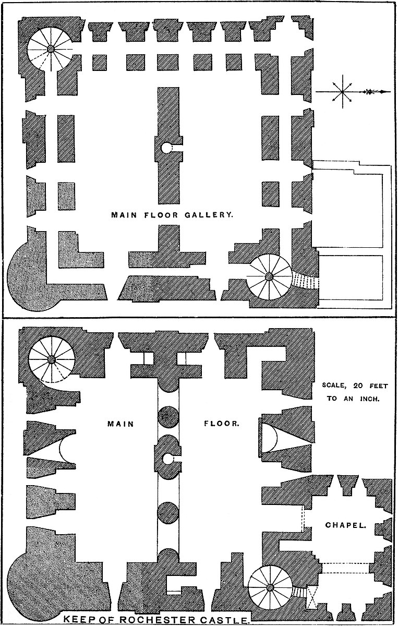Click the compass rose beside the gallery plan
(342, 92)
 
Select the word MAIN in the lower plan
(120, 424)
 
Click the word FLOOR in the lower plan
(222, 424)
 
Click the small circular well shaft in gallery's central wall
(166, 148)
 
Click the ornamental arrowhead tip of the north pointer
(388, 92)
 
